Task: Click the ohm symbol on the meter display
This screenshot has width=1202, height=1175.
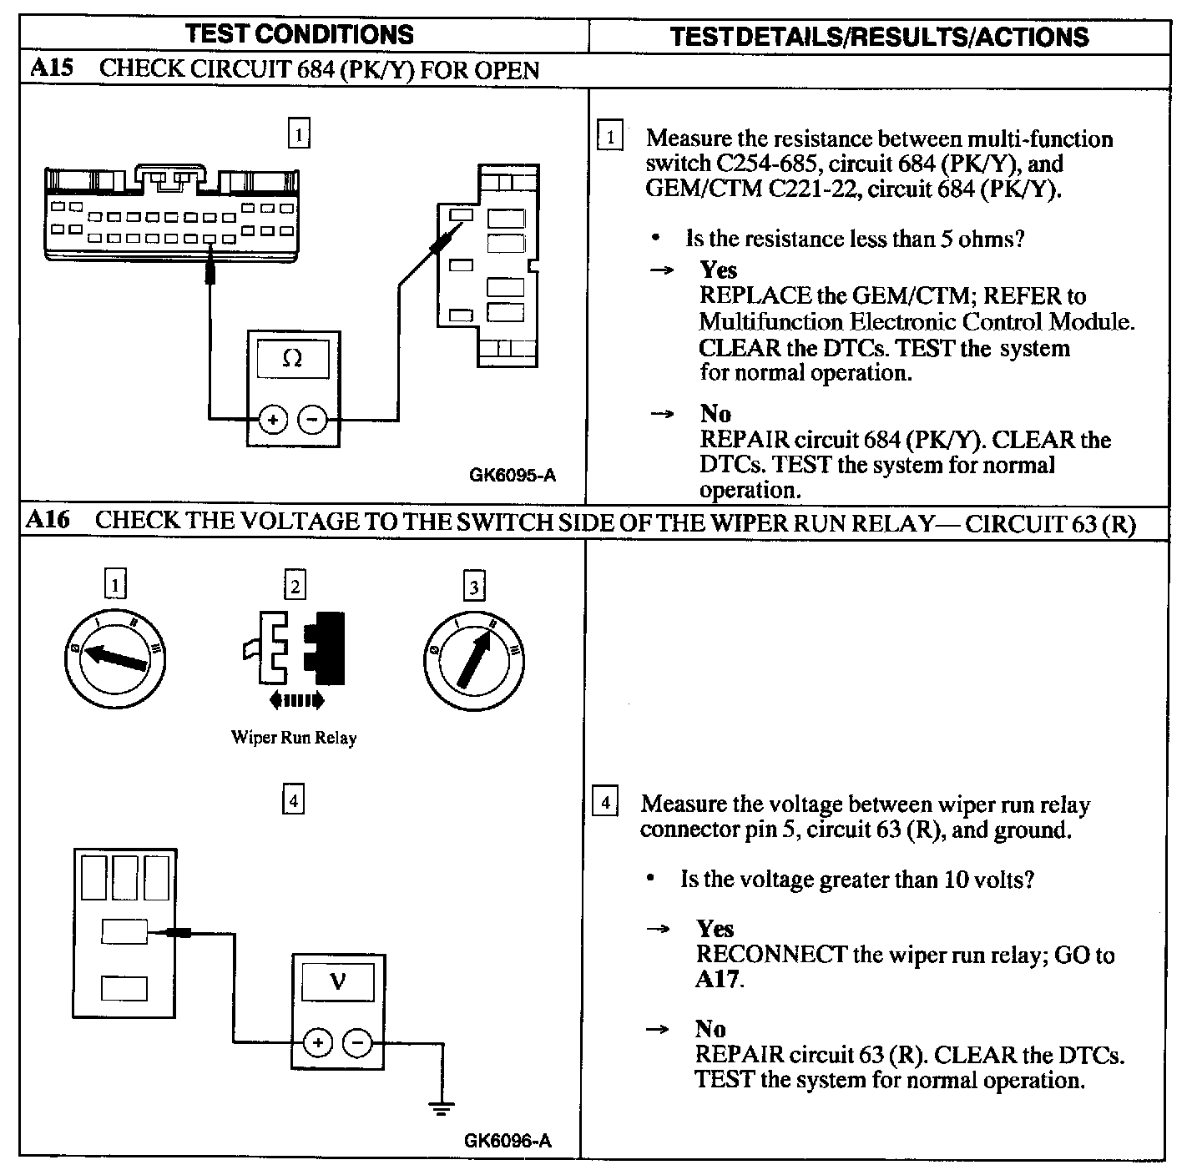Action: pos(292,359)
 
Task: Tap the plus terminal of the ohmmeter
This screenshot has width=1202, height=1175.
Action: pos(273,420)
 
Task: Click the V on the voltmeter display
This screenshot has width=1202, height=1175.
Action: pos(337,981)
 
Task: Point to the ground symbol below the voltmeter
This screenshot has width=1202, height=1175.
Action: pos(442,1108)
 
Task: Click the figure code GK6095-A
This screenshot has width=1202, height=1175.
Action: pos(513,476)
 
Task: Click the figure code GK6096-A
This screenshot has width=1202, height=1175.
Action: pos(508,1141)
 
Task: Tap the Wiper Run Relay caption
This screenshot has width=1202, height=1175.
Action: pos(294,738)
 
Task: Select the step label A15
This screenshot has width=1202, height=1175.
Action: pos(50,68)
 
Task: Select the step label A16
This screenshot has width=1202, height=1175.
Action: pos(47,520)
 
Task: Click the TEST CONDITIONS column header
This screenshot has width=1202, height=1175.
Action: pos(299,34)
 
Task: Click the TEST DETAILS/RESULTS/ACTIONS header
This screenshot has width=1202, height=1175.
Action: pos(879,37)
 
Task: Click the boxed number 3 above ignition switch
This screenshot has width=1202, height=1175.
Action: pos(474,587)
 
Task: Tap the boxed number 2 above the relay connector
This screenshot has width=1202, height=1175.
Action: pos(295,586)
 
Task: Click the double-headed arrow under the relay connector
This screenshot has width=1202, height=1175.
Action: pos(297,700)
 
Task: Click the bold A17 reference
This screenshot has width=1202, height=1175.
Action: pos(717,979)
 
